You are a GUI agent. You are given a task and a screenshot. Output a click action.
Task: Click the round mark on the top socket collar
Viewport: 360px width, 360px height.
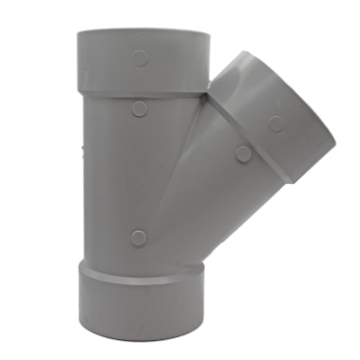pyautogui.click(x=140, y=59)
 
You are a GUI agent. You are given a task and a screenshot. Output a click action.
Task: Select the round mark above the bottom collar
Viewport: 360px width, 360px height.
pyautogui.click(x=138, y=237)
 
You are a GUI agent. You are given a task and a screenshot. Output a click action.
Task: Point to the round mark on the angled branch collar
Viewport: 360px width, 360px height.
pyautogui.click(x=276, y=123)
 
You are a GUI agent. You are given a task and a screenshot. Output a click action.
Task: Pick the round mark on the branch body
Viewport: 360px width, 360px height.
pyautogui.click(x=241, y=152)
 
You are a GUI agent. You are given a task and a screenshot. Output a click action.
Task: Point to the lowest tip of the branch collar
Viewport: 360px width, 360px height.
pyautogui.click(x=290, y=181)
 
